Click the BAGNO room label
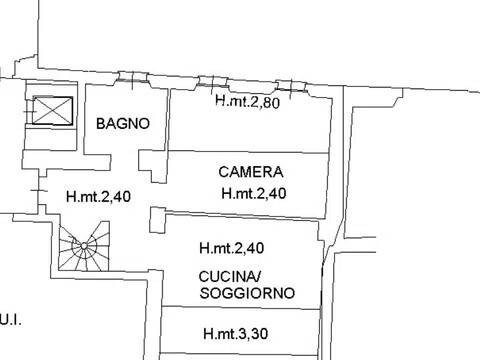[123, 124]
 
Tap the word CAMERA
[251, 172]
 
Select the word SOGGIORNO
[247, 293]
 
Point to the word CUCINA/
[230, 276]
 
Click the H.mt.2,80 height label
[248, 101]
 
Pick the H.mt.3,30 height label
[236, 333]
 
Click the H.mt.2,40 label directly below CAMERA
[254, 193]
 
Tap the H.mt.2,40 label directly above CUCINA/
[232, 248]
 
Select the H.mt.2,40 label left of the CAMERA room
[98, 196]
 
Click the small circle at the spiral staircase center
[84, 246]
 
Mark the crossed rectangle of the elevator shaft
[53, 111]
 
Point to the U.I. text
[11, 321]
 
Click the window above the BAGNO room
[132, 78]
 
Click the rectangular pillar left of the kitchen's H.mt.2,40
[157, 220]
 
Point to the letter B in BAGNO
[101, 124]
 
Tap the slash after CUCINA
[258, 276]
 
